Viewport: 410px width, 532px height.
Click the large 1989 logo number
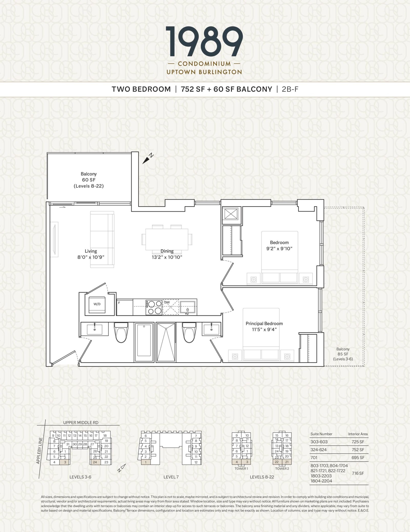point(204,42)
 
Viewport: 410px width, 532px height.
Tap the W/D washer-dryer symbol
point(97,304)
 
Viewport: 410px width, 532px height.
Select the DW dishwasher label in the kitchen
point(167,302)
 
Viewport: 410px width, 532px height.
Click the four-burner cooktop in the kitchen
point(154,307)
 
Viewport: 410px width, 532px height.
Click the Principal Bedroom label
point(264,324)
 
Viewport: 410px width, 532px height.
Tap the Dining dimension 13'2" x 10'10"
point(167,257)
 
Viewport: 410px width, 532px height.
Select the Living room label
point(91,251)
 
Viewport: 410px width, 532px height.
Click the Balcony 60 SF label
point(89,180)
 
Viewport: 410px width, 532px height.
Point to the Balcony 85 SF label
point(343,354)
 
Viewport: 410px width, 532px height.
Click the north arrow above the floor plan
point(148,159)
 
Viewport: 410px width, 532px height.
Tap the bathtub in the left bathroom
point(144,340)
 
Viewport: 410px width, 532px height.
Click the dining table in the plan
point(167,239)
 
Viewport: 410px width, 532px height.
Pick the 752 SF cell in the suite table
point(358,450)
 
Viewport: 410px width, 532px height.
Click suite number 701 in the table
point(314,458)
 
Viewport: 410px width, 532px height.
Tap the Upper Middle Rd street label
point(81,423)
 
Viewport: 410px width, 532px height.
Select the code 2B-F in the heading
point(290,89)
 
